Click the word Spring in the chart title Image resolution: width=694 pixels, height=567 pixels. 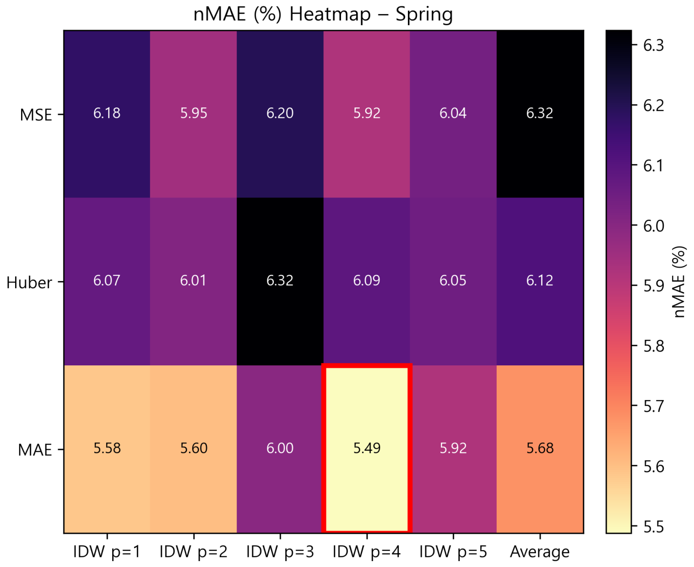pos(424,14)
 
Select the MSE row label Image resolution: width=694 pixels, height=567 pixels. pos(36,115)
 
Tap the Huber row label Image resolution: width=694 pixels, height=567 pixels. pos(29,283)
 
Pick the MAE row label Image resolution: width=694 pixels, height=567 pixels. pos(35,450)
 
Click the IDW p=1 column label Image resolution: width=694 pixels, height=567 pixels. pos(107,552)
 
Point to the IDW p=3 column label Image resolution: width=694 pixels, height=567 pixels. pos(280,552)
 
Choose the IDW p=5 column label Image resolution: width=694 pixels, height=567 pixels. pos(453,552)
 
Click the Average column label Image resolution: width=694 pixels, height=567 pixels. pos(540,552)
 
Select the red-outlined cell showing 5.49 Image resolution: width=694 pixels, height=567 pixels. pos(367,448)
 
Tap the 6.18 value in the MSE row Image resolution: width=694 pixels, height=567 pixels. pos(107,113)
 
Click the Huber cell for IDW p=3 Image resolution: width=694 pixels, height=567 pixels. pos(280,280)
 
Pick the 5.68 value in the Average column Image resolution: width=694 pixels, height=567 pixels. pos(540,448)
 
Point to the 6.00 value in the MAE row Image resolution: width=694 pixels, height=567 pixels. pos(280,448)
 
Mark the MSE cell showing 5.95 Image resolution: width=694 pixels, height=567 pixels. pos(193,113)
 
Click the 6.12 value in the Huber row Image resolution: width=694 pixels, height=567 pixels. pos(540,280)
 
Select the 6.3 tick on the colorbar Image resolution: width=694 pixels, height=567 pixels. pos(653,45)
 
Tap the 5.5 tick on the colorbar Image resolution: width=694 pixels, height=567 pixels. pos(653,527)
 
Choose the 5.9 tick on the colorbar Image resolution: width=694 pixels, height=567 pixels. pos(653,286)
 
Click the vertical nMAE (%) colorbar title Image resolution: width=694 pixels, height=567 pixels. pos(679,282)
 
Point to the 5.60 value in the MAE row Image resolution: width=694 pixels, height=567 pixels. pos(193,448)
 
